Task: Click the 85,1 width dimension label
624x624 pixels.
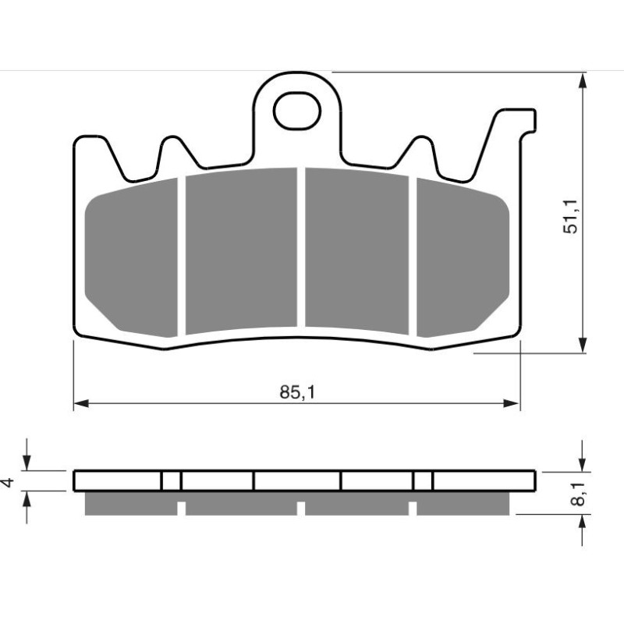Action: click(297, 392)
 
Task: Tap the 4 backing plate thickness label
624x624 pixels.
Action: click(9, 482)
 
